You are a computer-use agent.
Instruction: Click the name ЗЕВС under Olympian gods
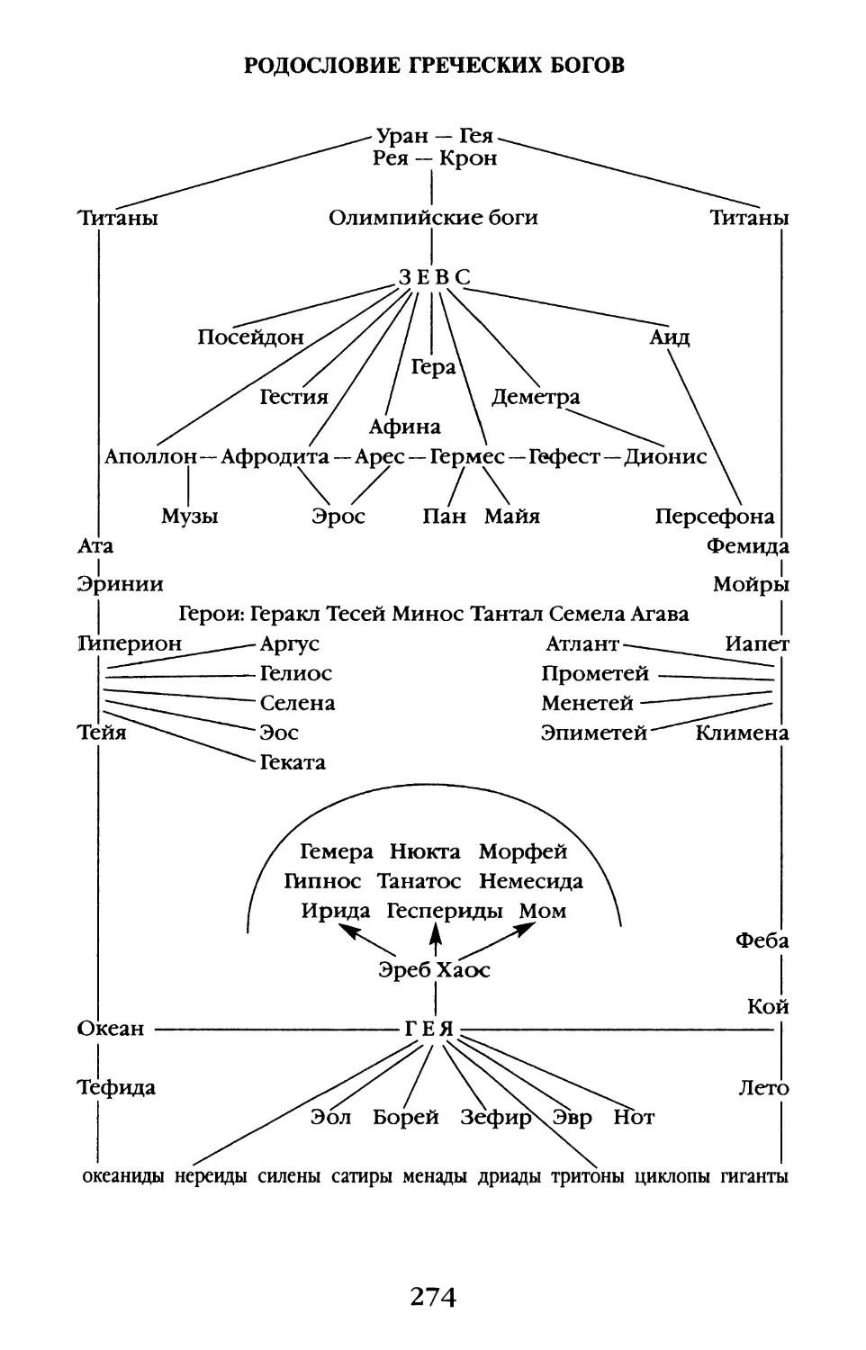point(434,277)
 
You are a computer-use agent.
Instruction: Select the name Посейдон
point(251,337)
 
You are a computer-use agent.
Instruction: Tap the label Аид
point(670,337)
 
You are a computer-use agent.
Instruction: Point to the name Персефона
point(714,517)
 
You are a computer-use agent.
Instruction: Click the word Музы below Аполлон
point(190,517)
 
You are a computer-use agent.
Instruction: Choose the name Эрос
point(338,517)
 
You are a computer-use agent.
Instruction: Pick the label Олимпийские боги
point(433,218)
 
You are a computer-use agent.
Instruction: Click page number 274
point(433,1297)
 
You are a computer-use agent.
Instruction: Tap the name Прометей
point(595,674)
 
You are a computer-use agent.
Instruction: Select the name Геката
point(293,763)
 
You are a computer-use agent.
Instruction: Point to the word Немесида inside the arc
point(530,882)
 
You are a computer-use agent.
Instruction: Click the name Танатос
point(419,882)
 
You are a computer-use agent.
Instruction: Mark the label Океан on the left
point(111,1029)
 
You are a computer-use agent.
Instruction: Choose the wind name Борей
point(406,1118)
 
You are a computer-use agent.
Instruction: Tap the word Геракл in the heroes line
point(285,615)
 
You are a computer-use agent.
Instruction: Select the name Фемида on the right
point(747,546)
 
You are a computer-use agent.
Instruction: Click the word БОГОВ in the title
point(582,66)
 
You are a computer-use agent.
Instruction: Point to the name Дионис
point(665,457)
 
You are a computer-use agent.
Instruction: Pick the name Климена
point(742,733)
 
